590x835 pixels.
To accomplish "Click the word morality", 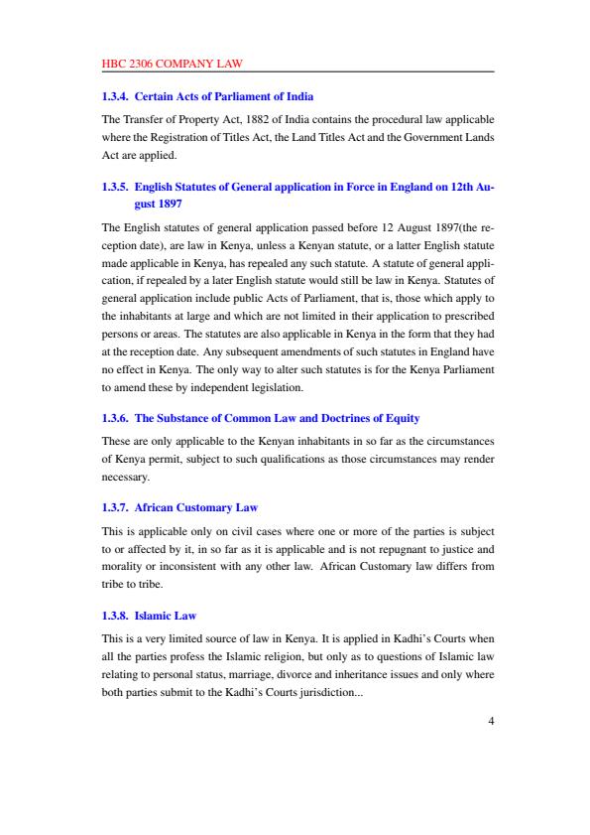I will (x=124, y=565).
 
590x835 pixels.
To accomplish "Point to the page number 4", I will (x=490, y=721).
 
